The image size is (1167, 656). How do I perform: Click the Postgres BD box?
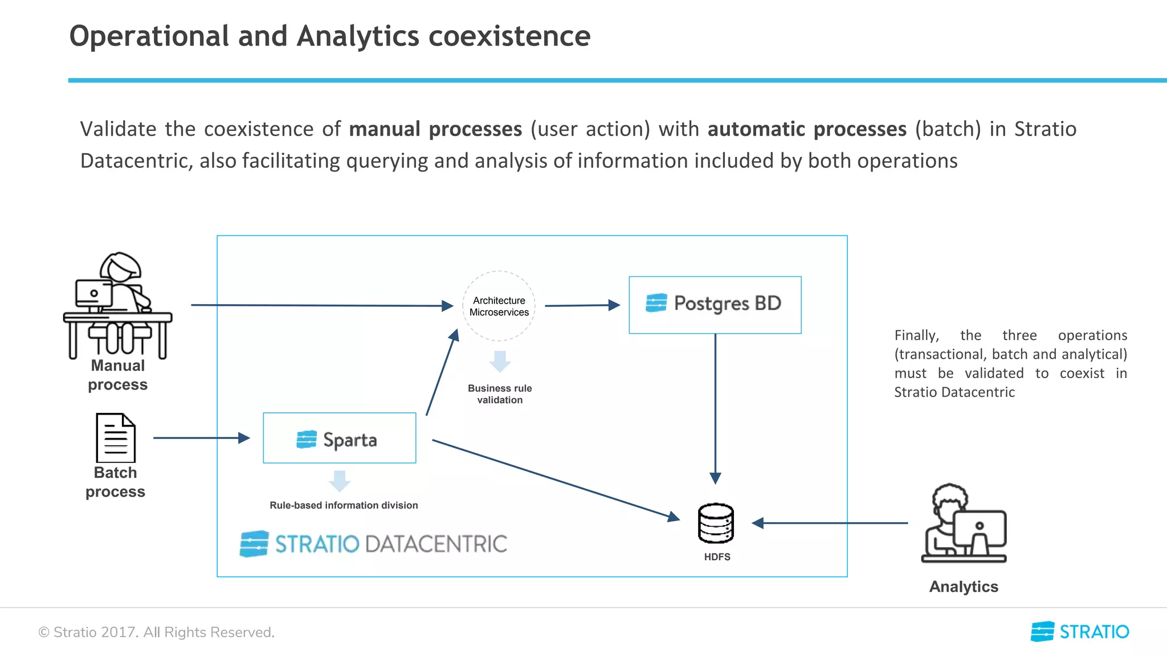point(715,305)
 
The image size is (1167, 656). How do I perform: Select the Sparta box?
point(339,438)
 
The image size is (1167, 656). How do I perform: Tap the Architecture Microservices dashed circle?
point(499,306)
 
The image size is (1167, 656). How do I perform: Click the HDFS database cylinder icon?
point(716,523)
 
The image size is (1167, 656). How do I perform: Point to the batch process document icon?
point(116,438)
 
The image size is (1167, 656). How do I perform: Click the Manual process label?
point(117,375)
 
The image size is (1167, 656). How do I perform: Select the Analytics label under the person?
point(964,587)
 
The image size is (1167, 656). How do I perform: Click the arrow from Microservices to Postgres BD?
point(581,305)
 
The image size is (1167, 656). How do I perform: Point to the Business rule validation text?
point(500,394)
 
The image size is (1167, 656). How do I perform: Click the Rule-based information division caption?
point(344,505)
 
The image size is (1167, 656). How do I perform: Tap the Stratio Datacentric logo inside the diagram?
point(373,544)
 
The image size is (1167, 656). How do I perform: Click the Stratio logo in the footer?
point(1080,632)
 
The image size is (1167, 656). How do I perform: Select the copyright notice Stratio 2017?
point(156,632)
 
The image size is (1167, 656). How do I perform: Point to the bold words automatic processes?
point(807,129)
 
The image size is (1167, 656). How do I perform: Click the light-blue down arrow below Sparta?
point(340,481)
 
